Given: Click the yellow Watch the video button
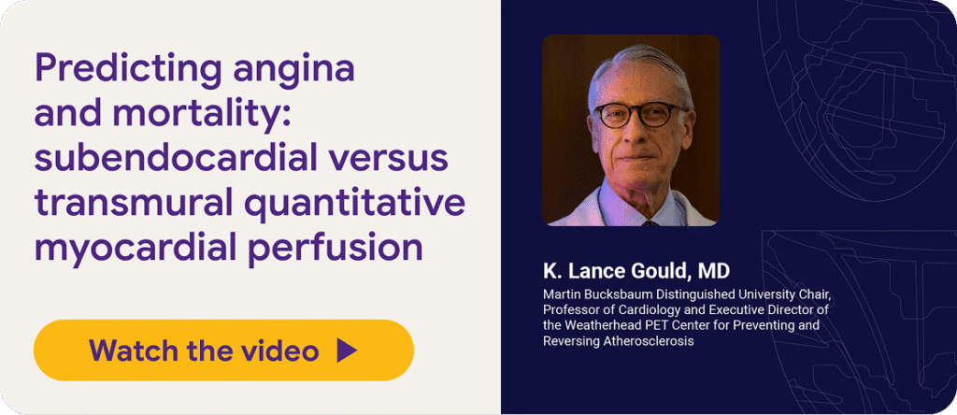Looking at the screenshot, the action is click(224, 351).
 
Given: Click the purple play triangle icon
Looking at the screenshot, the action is click(346, 351).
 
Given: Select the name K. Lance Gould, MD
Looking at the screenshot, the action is click(636, 270).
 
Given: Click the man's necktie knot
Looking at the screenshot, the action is click(650, 222).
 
